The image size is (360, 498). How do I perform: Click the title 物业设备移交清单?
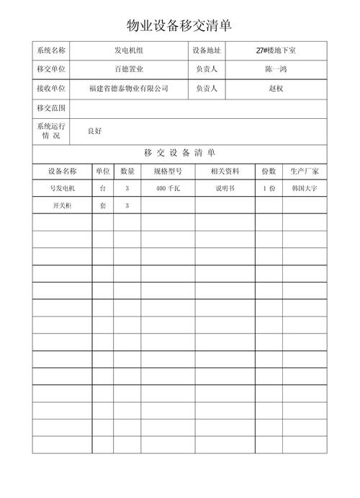(x=179, y=26)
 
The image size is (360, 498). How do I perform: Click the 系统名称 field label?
(x=50, y=50)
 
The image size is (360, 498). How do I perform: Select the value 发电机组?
(x=130, y=50)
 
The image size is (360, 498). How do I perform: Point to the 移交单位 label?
(x=50, y=69)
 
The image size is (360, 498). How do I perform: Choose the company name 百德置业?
(x=130, y=69)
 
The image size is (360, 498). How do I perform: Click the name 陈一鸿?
(x=276, y=69)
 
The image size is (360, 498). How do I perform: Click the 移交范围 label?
(x=50, y=108)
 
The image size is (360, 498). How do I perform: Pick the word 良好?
(x=94, y=131)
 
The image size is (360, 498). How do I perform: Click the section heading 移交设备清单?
(x=179, y=153)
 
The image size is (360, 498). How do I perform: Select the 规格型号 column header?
(x=168, y=172)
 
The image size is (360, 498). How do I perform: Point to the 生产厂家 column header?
(x=305, y=172)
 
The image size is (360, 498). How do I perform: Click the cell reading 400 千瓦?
(x=168, y=189)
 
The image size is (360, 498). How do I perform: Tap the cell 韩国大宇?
(x=305, y=189)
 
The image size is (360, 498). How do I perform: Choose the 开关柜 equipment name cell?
(x=62, y=206)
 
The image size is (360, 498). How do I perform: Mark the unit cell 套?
(x=102, y=206)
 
